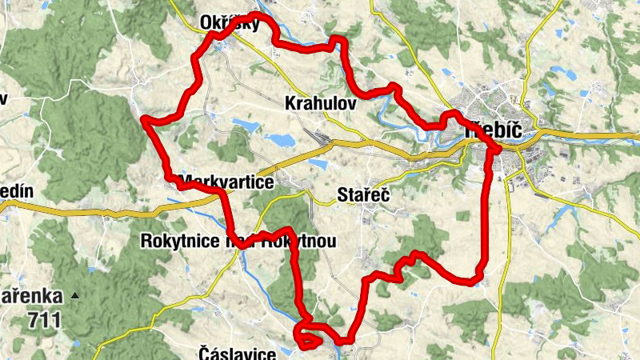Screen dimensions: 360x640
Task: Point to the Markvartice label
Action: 228,182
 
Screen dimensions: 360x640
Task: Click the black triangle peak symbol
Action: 75,296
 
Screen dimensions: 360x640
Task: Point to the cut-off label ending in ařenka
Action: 29,296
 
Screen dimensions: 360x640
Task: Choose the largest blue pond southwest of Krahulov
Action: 281,140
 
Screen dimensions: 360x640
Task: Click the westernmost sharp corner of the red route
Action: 145,120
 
